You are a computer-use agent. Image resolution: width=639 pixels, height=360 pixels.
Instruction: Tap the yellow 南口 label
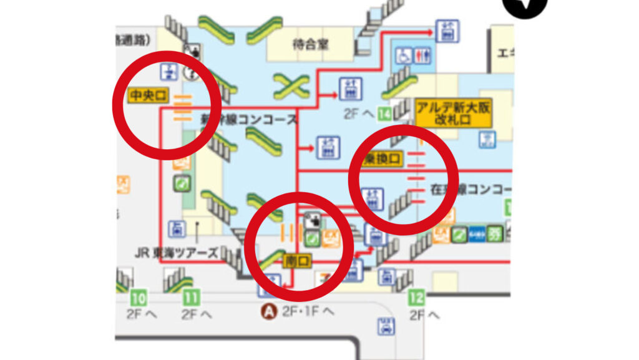pyautogui.click(x=297, y=261)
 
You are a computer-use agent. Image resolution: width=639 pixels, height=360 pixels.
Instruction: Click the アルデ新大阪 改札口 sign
pyautogui.click(x=454, y=113)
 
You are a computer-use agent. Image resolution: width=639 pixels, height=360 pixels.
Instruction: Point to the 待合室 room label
pyautogui.click(x=310, y=45)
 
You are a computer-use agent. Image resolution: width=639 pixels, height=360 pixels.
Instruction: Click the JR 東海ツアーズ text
pyautogui.click(x=177, y=253)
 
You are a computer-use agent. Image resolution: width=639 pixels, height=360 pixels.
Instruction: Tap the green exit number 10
pyautogui.click(x=139, y=298)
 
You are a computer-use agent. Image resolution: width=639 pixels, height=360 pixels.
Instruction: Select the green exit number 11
pyautogui.click(x=192, y=298)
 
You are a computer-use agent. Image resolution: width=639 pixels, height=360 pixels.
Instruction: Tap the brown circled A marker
pyautogui.click(x=270, y=311)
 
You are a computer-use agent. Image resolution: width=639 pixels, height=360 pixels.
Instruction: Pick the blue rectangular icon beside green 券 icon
pyautogui.click(x=477, y=234)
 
